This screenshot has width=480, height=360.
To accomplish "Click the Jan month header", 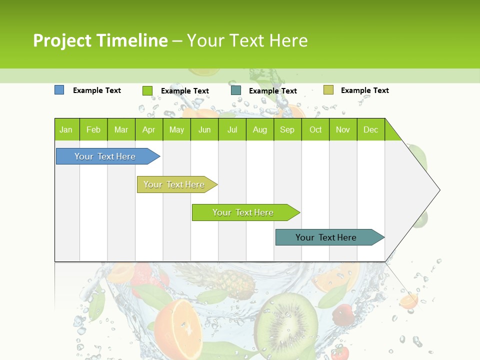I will (x=66, y=129).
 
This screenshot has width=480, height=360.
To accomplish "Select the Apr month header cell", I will (x=148, y=129).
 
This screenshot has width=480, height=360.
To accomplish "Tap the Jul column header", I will (x=232, y=129).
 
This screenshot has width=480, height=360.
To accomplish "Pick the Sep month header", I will (x=287, y=129).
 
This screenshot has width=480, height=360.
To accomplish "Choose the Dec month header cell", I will (x=370, y=129).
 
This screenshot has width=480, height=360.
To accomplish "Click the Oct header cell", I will (x=315, y=129).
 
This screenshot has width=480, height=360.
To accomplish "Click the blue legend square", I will (x=59, y=90).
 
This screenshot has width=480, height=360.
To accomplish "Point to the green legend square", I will (x=147, y=90).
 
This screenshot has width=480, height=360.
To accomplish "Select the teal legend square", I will (x=236, y=90).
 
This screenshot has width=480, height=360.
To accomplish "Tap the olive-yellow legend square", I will (x=328, y=90).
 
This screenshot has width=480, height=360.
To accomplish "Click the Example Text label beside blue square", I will (x=97, y=90).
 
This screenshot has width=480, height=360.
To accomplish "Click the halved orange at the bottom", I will (x=177, y=327).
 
